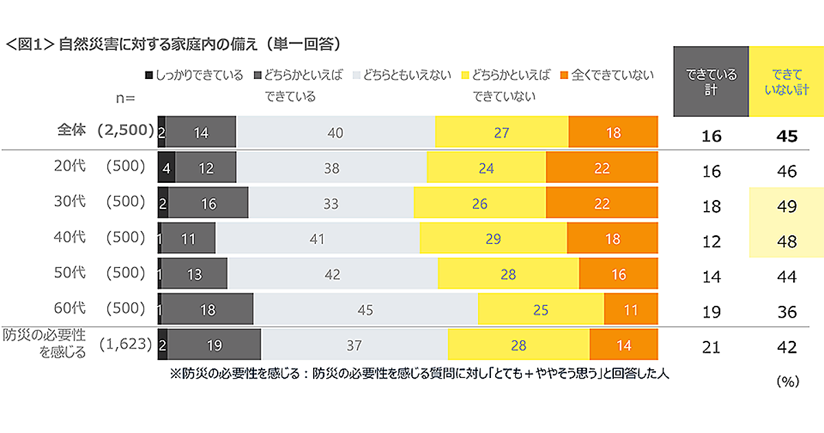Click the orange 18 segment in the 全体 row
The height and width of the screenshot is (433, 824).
pyautogui.click(x=613, y=133)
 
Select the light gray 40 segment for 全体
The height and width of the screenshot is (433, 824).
pyautogui.click(x=335, y=133)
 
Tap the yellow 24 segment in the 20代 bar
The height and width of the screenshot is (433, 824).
pyautogui.click(x=486, y=168)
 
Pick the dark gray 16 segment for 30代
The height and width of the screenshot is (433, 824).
pyautogui.click(x=208, y=203)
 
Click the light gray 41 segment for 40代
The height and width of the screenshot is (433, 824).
pyautogui.click(x=317, y=239)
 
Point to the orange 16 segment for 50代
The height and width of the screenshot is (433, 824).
pyautogui.click(x=618, y=274)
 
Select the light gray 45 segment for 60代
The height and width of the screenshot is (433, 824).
pyautogui.click(x=365, y=310)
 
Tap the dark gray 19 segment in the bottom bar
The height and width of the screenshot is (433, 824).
pyautogui.click(x=214, y=346)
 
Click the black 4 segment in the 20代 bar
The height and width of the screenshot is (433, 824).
pyautogui.click(x=167, y=168)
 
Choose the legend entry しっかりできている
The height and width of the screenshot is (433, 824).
pyautogui.click(x=194, y=76)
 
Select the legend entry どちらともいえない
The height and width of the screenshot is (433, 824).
pyautogui.click(x=401, y=76)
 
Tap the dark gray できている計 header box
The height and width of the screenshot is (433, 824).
pyautogui.click(x=711, y=81)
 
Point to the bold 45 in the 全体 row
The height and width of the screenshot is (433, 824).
pyautogui.click(x=786, y=136)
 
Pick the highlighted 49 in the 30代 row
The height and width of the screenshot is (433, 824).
pyautogui.click(x=786, y=206)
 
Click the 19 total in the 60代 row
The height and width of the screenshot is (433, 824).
pyautogui.click(x=711, y=312)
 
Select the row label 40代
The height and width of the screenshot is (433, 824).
pyautogui.click(x=70, y=238)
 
